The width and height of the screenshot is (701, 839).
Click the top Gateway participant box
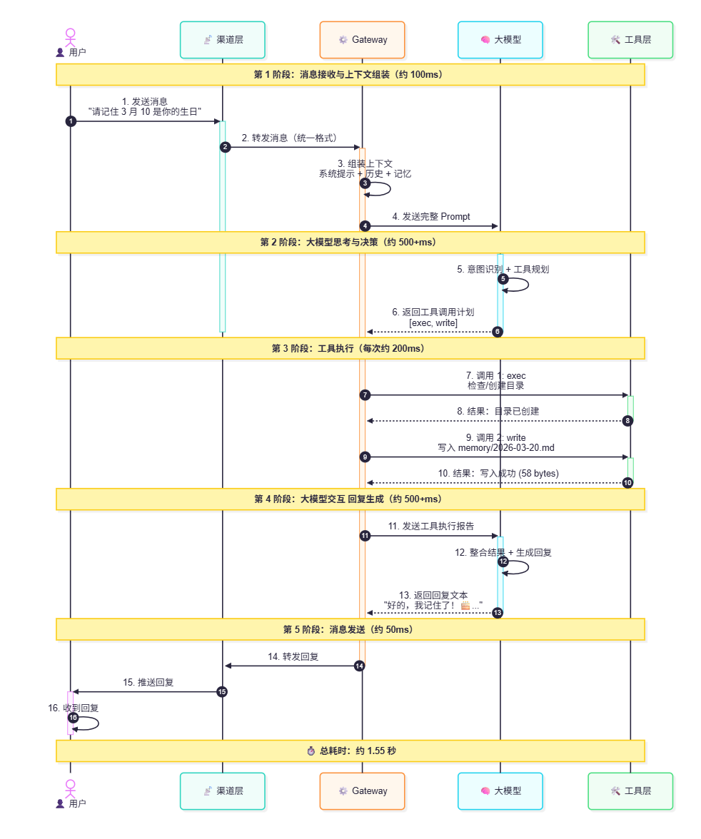coord(362,40)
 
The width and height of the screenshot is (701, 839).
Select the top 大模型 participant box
coord(500,40)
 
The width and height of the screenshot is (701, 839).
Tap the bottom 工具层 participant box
coord(630,790)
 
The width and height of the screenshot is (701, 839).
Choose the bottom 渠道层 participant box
coord(222,790)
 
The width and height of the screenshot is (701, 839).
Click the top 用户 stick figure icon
coord(70,37)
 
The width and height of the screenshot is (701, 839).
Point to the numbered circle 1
coord(71,121)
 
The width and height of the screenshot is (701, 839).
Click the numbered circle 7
coord(365,395)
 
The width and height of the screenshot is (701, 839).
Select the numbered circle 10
coord(627,482)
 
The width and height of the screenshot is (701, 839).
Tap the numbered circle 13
coord(498,613)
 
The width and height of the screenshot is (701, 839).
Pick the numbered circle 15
coord(222,692)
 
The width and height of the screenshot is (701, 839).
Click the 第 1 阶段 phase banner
coord(350,75)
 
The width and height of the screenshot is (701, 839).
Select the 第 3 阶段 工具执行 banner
coord(350,348)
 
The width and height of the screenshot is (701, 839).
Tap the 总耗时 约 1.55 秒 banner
coord(350,751)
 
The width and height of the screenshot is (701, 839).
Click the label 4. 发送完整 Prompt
coord(431,217)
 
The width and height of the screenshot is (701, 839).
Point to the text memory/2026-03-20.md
coord(506,448)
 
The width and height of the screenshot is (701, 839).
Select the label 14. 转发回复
coord(293,656)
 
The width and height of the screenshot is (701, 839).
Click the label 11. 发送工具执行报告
coord(431,526)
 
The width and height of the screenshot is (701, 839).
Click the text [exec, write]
coord(433,323)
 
